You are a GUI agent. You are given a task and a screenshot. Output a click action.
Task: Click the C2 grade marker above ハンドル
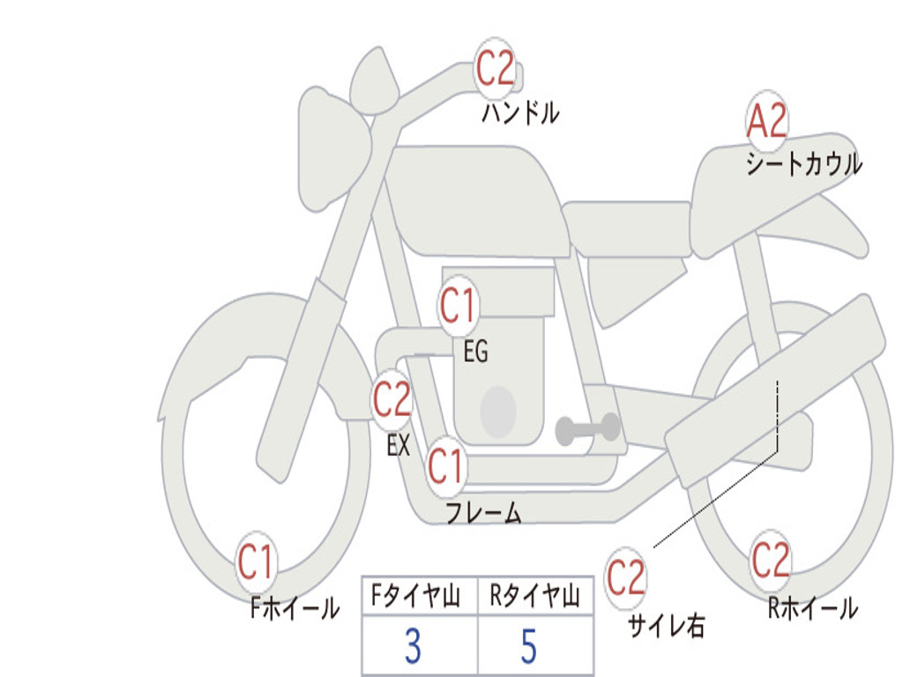point(495,68)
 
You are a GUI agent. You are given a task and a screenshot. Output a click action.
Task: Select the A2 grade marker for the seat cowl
point(766,120)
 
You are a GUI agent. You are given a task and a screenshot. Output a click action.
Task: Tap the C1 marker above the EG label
point(459,306)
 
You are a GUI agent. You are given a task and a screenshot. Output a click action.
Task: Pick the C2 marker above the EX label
point(392,399)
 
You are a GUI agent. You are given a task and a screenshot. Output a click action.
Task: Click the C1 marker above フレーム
point(445,465)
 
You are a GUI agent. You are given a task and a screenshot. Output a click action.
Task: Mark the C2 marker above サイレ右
point(625,577)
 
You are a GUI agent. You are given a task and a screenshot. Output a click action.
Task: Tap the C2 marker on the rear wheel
point(771,560)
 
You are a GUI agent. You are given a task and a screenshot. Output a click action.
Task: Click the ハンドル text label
point(520,113)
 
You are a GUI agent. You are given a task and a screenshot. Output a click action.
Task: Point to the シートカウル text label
point(804,163)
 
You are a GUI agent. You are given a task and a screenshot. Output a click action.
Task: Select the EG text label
point(475,351)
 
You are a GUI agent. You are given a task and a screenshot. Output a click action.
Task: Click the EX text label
point(399,445)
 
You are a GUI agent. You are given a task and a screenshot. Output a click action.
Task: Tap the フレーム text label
point(484,512)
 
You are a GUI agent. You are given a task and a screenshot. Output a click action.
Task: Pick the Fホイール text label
point(295,608)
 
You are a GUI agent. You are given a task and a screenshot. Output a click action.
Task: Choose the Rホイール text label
point(813,608)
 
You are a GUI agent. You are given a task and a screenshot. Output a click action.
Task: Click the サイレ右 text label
point(667,625)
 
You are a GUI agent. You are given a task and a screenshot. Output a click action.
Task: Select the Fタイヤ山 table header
point(416,596)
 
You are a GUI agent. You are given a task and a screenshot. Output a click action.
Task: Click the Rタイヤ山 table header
point(535,596)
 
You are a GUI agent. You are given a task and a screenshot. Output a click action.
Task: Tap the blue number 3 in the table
point(413,646)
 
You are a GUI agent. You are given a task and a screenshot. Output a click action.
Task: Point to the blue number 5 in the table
point(529,646)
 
